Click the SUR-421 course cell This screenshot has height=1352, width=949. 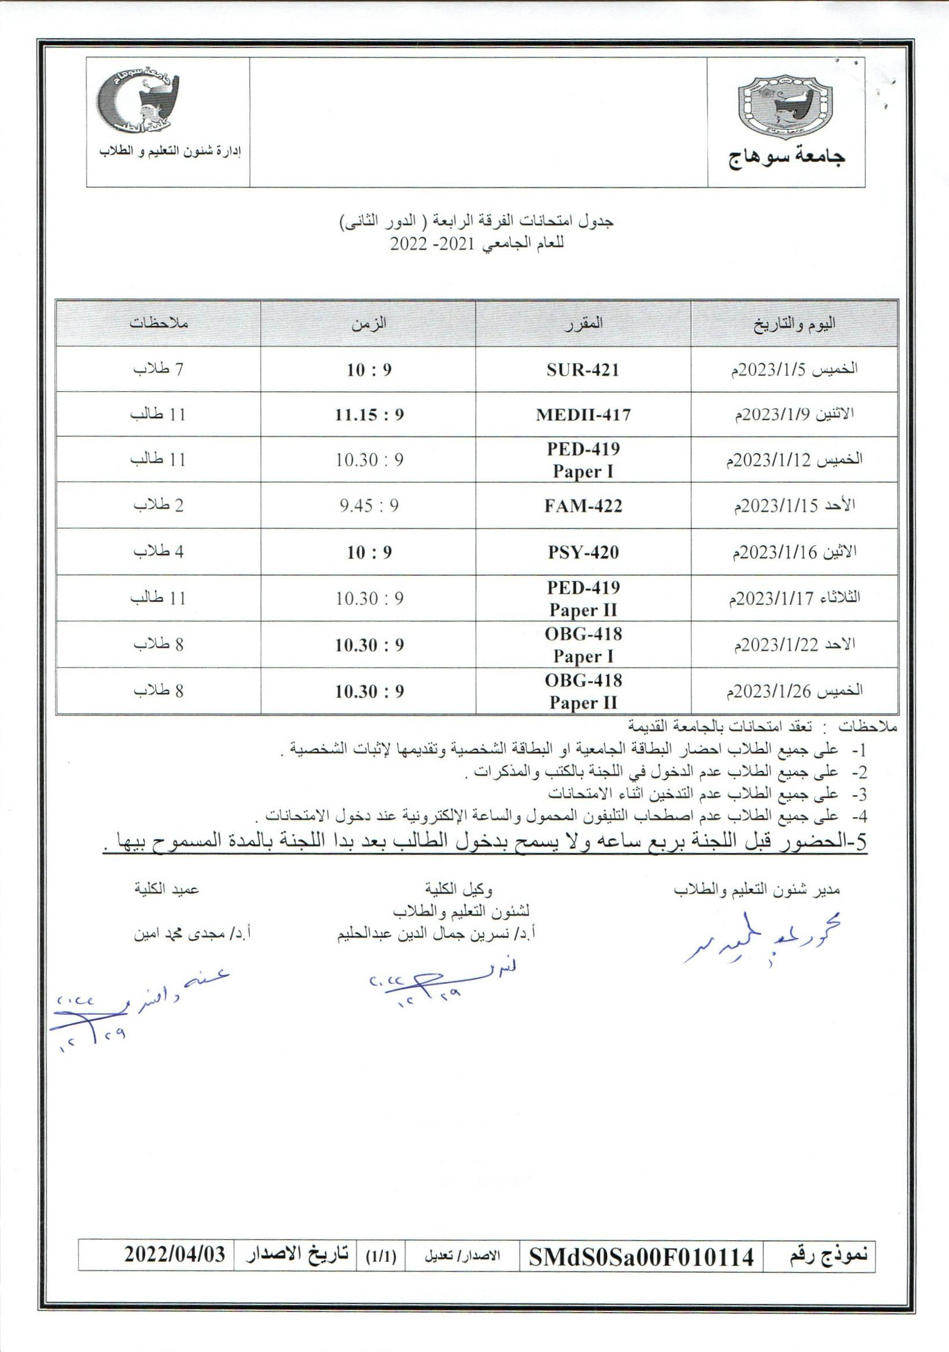click(x=583, y=370)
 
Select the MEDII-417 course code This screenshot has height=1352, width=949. click(x=583, y=415)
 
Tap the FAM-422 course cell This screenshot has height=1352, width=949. click(x=583, y=506)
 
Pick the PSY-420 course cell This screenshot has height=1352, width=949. click(x=583, y=552)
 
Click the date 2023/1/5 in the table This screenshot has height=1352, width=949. click(x=794, y=370)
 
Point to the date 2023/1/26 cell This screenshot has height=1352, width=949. click(x=794, y=690)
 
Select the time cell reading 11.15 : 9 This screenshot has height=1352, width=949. click(x=369, y=415)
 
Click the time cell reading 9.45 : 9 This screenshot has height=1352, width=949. click(x=369, y=506)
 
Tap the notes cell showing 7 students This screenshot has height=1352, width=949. click(x=159, y=370)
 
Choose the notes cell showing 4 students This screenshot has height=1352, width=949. click(x=159, y=552)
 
